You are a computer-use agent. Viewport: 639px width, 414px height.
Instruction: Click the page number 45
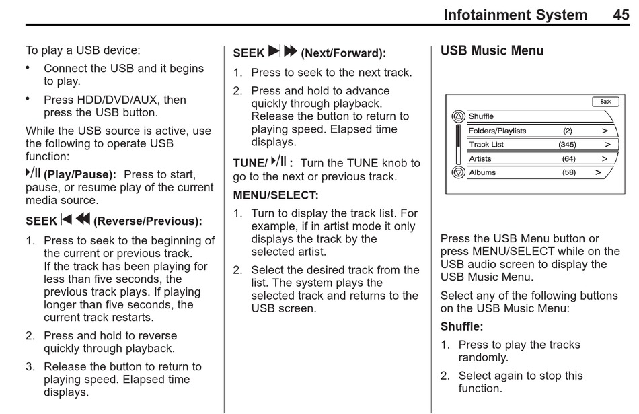tap(621, 15)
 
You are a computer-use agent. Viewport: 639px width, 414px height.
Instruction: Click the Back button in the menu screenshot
tap(605, 102)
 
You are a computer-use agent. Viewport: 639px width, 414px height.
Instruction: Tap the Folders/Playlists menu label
tap(497, 131)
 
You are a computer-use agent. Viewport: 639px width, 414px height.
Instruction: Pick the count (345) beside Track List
tap(567, 145)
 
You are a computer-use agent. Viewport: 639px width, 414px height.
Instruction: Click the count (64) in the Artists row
tap(568, 159)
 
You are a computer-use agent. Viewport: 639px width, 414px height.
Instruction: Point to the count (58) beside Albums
tap(568, 173)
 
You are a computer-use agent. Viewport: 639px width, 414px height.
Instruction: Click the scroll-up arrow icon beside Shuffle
tap(458, 116)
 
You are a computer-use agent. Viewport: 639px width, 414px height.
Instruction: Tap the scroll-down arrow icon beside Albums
tap(458, 173)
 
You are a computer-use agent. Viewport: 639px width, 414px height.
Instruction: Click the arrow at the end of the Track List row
tap(607, 145)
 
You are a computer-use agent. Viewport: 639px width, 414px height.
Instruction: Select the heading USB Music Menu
tap(492, 50)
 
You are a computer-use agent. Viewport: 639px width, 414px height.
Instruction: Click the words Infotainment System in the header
tap(515, 15)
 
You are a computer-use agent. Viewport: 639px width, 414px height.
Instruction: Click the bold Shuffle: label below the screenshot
tap(461, 326)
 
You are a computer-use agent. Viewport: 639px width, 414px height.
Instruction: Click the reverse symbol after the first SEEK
tap(75, 219)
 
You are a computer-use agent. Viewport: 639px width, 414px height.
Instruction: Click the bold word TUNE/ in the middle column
tap(250, 163)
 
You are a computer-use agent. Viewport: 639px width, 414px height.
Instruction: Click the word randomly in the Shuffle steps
tap(483, 357)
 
